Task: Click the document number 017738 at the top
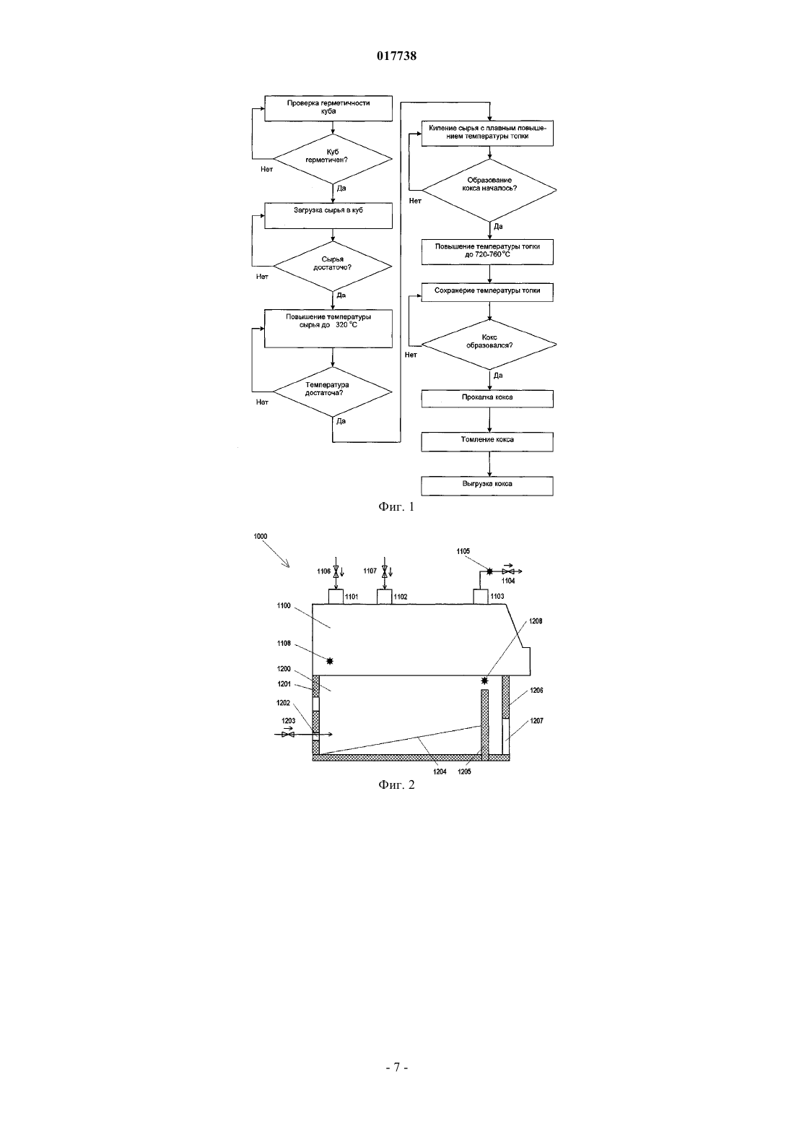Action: click(396, 56)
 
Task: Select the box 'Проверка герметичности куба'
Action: click(328, 108)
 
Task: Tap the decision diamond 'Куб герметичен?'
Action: click(332, 159)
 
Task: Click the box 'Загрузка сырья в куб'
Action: click(328, 216)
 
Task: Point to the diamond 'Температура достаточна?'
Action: click(332, 392)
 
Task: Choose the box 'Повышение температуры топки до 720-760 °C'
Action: click(487, 252)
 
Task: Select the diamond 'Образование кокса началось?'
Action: click(489, 190)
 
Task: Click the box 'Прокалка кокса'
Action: click(487, 399)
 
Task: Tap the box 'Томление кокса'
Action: click(487, 441)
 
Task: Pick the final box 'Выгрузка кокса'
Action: click(487, 485)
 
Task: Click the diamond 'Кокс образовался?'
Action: click(489, 345)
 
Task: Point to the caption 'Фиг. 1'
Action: click(396, 507)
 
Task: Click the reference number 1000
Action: click(260, 537)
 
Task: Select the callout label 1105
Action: click(463, 551)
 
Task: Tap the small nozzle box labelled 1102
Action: click(384, 597)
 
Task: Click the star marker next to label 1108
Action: click(330, 662)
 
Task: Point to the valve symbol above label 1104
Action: click(508, 571)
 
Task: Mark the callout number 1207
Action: click(536, 721)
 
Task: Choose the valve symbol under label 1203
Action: click(288, 735)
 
